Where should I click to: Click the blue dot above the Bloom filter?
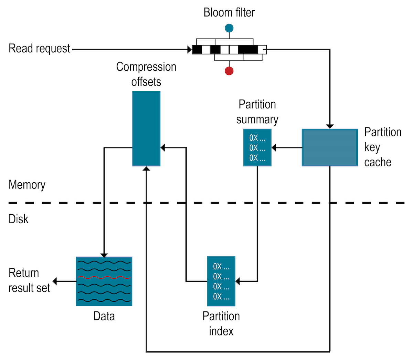click(229, 28)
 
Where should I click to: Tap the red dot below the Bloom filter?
click(229, 71)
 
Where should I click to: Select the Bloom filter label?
click(229, 12)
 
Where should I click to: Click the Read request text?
click(39, 49)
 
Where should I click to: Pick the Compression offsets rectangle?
click(146, 128)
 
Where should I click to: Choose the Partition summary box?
click(257, 147)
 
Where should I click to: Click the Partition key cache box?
click(330, 147)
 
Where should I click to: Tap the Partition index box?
click(221, 281)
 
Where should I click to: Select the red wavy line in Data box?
click(104, 277)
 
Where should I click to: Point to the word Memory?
click(27, 185)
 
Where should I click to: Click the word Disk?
click(19, 219)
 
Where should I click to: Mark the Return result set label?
click(29, 280)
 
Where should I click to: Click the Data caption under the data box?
click(104, 316)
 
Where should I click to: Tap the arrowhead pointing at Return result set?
click(55, 281)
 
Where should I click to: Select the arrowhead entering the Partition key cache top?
click(330, 126)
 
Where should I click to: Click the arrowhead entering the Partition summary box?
click(274, 148)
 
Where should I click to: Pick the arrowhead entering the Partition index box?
click(238, 281)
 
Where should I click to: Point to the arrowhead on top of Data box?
click(104, 255)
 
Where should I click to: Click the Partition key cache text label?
click(382, 147)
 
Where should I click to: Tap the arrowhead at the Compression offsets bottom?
click(146, 169)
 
